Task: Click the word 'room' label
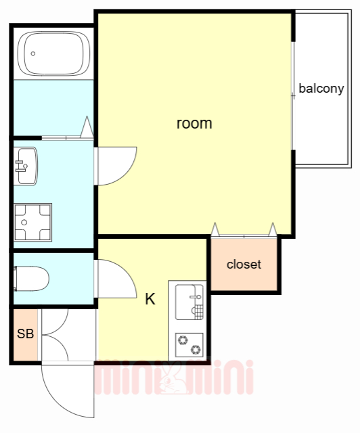(x=194, y=123)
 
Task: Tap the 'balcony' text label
(x=321, y=89)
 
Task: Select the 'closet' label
(x=244, y=265)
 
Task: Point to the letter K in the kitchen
(x=150, y=299)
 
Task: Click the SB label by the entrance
(x=26, y=334)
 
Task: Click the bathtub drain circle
(x=33, y=53)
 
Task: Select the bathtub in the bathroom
(x=53, y=53)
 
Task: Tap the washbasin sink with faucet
(x=26, y=166)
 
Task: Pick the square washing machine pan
(x=33, y=223)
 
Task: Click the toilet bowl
(x=32, y=279)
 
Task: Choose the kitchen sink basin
(x=189, y=302)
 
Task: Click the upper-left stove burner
(x=183, y=340)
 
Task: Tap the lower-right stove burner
(x=196, y=350)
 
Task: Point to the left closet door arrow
(x=215, y=229)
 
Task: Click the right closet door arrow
(x=273, y=229)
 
